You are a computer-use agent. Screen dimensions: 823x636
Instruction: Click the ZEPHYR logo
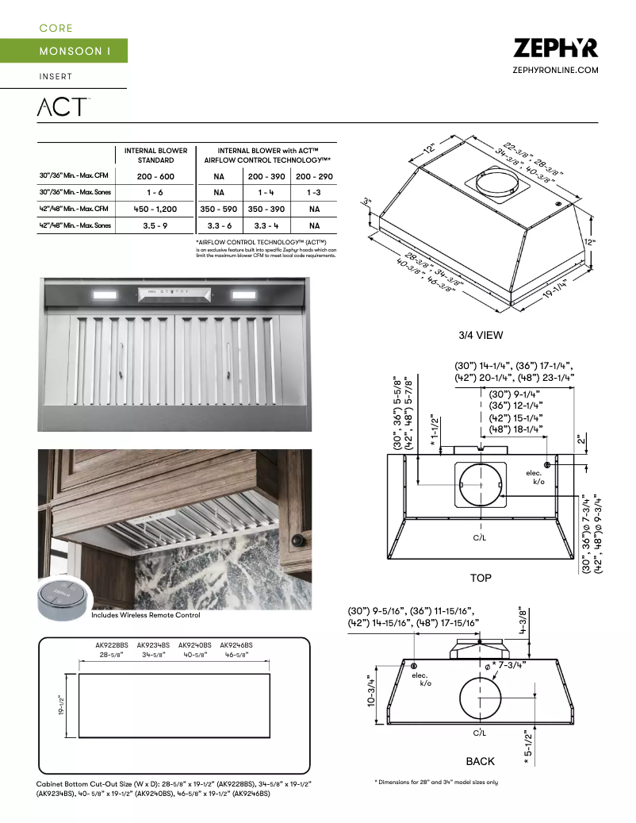coord(555,48)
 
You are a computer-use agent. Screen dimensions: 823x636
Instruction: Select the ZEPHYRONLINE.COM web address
coord(556,71)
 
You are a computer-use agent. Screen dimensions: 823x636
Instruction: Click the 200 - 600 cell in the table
coord(155,176)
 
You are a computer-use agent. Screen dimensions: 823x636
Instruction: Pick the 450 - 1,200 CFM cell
coord(155,210)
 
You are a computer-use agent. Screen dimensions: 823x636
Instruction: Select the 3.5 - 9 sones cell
coord(155,226)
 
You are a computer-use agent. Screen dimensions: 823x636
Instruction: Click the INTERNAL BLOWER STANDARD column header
coord(155,155)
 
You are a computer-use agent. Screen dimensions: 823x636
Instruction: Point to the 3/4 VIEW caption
coord(481,335)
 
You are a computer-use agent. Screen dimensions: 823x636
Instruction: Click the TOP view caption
coord(481,578)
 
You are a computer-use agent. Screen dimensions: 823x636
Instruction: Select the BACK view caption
coord(480,761)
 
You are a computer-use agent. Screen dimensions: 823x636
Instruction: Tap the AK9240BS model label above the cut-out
coord(195,646)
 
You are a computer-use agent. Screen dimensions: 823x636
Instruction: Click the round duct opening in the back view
coord(481,701)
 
